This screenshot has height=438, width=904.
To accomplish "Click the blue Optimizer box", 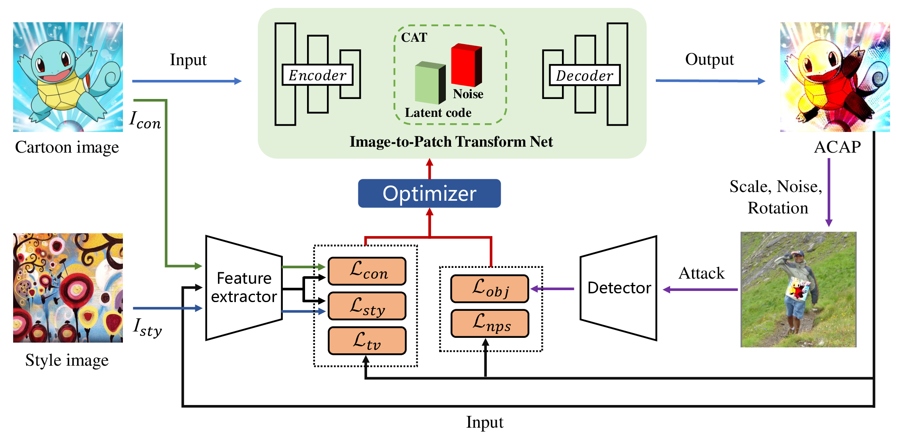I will click(429, 194).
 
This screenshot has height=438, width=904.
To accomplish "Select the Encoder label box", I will click(317, 75).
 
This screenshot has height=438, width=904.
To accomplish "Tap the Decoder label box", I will click(584, 76).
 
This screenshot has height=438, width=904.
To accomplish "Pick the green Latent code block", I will click(430, 83).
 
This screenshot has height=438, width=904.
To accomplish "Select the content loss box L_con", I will click(367, 271).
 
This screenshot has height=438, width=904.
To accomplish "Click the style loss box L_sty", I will click(367, 306).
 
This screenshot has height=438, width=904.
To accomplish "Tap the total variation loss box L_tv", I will click(367, 341).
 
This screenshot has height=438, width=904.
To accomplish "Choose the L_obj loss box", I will click(490, 289).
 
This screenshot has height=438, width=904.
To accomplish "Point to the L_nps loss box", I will click(490, 324).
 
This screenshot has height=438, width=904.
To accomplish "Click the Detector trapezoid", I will click(618, 288).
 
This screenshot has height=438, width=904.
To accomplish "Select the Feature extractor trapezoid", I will click(244, 288).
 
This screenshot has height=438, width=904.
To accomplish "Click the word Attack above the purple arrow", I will click(702, 273).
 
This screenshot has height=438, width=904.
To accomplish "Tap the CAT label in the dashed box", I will click(414, 38).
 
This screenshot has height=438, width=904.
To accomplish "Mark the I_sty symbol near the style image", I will click(148, 328).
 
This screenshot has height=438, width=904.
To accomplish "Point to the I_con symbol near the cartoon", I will click(145, 120).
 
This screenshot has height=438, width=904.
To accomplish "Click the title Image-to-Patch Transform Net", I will click(451, 142).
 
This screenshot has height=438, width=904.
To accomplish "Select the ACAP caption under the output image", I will click(837, 147).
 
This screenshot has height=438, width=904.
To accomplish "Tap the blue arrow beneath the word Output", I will click(710, 81).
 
